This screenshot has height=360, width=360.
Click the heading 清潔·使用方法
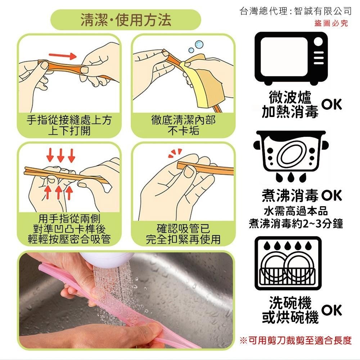[125, 21]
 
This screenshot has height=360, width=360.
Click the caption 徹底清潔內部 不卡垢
[183, 125]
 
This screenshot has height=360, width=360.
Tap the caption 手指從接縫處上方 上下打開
[69, 125]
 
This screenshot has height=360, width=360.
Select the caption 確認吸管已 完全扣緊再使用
[183, 234]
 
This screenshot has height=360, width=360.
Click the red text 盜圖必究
[331, 24]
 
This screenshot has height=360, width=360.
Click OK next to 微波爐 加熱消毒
[332, 104]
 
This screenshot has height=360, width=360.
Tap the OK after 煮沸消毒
[332, 196]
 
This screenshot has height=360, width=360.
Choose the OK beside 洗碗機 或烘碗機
[332, 310]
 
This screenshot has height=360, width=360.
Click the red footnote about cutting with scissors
[295, 340]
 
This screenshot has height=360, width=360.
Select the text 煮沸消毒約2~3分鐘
[296, 224]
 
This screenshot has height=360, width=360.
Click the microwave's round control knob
[318, 41]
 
